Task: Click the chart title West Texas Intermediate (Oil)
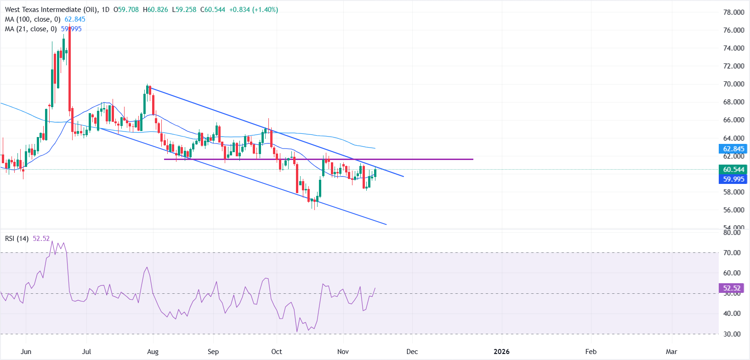coord(43,10)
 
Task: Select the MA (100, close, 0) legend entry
coord(33,19)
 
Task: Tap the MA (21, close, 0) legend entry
coord(31,29)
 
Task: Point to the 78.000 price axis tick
coord(733,12)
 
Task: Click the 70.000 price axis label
coord(733,84)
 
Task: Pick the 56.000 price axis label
coord(733,210)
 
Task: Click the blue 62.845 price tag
coord(733,149)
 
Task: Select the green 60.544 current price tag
coord(733,170)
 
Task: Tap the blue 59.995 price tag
coord(733,179)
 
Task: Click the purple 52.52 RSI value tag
coord(732,288)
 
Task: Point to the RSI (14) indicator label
coord(17,239)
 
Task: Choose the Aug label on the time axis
coord(153,352)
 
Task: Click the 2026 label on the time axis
coord(501,352)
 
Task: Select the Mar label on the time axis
coord(671,352)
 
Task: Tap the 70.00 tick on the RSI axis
coord(732,253)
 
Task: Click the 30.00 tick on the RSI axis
coord(732,334)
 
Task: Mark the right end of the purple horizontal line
coord(472,159)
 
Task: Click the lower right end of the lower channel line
coord(386,224)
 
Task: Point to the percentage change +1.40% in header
coord(265,10)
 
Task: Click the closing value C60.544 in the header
coord(213,10)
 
